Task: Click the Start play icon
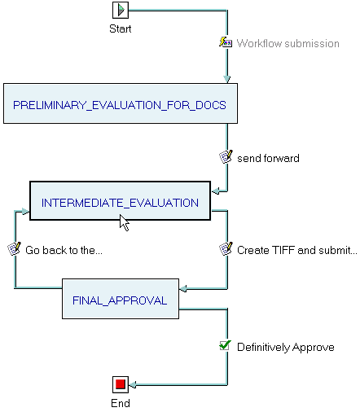point(121,11)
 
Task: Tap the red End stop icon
point(121,384)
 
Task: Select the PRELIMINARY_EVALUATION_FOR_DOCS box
point(121,103)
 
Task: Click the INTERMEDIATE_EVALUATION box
point(120,200)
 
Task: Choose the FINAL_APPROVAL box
point(121,299)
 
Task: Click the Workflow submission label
point(288,43)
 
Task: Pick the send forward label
point(268,158)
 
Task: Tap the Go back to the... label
point(64,250)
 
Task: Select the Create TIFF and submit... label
point(297,250)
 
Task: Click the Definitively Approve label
point(286,347)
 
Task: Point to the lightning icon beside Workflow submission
point(226,42)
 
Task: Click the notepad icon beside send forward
point(226,156)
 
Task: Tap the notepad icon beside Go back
point(14,248)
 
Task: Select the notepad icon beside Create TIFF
point(226,248)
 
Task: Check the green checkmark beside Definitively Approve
point(226,345)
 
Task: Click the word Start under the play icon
point(121,28)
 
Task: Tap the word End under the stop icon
point(121,403)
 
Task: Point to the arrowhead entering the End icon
point(132,384)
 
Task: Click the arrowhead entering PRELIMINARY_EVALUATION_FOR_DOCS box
point(227,79)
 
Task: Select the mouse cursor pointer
point(124,222)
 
